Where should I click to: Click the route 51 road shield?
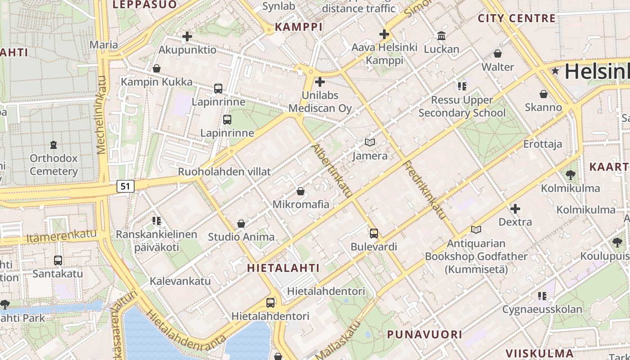pos(126,186)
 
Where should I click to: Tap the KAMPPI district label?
pos(299,27)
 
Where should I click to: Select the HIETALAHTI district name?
pos(283,268)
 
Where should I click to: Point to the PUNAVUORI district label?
pos(424,334)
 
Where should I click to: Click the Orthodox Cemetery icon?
pos(54,145)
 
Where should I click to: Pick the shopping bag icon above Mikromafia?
pos(301,191)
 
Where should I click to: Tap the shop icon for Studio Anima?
pos(241,224)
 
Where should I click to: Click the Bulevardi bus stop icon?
pos(373,234)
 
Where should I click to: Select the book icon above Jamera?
pos(369,143)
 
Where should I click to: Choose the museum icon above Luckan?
pos(441,36)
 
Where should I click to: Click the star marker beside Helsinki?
pos(555,71)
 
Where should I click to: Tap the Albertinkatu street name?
pos(332,171)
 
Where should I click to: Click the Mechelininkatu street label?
pos(102,115)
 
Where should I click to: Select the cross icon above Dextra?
pos(515,209)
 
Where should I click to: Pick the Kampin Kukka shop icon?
pos(157,68)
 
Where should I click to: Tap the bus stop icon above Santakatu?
pos(58,260)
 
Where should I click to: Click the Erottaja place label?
pos(543,144)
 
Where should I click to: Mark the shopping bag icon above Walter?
pos(498,54)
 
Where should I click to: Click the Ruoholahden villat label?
pos(225,171)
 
